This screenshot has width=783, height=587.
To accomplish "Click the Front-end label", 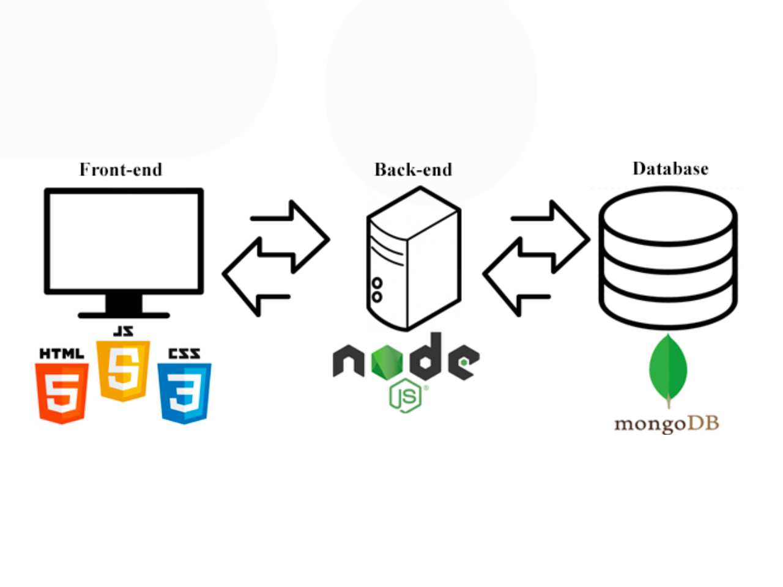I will pyautogui.click(x=121, y=169).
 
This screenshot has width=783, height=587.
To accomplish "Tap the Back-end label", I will pyautogui.click(x=413, y=169).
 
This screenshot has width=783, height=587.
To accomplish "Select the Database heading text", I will pyautogui.click(x=670, y=169).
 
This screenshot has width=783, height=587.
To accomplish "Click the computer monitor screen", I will pyautogui.click(x=124, y=240).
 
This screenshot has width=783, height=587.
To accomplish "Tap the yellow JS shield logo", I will pyautogui.click(x=124, y=371).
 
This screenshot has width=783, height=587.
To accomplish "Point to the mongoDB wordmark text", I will pyautogui.click(x=667, y=423).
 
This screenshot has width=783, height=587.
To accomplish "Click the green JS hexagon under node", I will pyautogui.click(x=405, y=396).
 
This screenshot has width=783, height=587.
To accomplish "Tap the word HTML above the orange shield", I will pyautogui.click(x=61, y=353).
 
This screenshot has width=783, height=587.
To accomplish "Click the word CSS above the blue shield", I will pyautogui.click(x=184, y=353).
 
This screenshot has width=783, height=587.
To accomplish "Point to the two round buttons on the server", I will pyautogui.click(x=377, y=290).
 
